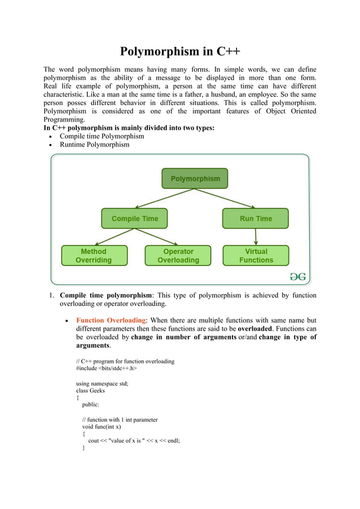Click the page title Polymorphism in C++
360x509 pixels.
coord(180,52)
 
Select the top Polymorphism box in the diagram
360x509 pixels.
coord(195,178)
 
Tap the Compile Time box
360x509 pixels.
coord(134,218)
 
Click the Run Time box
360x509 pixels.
coord(255,218)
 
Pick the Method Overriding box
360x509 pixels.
coord(94,256)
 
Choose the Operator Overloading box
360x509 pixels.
coord(178,256)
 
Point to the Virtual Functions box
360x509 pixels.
coord(256,256)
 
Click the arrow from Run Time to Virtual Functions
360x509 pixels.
coord(256,236)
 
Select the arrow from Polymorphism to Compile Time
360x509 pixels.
coord(164,198)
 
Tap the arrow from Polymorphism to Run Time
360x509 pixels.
coord(226,198)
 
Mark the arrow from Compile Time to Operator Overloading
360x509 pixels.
coord(156,237)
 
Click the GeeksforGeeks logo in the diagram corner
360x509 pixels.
coord(297,276)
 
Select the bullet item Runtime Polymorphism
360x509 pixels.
coord(94,144)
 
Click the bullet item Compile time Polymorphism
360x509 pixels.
coord(102,136)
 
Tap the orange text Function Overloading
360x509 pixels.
coord(111,320)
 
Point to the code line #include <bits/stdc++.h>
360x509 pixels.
coord(107,368)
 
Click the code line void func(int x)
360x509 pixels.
coord(102,427)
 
